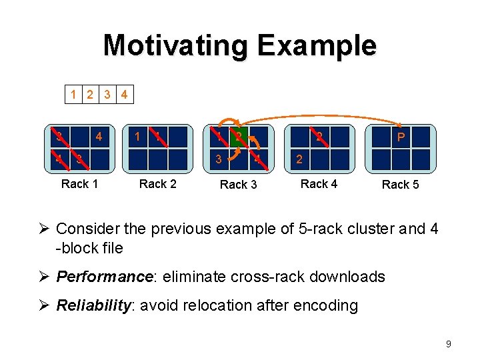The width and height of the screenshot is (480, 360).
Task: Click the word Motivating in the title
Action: (175, 45)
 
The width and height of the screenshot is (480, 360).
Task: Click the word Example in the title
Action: (317, 45)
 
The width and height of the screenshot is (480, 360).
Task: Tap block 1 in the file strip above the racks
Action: (73, 95)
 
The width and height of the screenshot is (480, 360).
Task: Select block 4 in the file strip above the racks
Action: (124, 95)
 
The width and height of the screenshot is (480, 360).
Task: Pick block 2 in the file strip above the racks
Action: (90, 95)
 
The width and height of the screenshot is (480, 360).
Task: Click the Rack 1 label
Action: (79, 183)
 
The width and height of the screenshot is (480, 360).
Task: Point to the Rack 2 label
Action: (157, 183)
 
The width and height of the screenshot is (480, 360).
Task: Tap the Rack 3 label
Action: (238, 184)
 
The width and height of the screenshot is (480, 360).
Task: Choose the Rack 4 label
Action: (319, 183)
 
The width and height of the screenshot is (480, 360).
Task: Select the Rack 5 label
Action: (400, 184)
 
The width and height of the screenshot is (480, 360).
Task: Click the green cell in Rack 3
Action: (238, 137)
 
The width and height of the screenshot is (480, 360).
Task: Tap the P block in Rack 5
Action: (400, 137)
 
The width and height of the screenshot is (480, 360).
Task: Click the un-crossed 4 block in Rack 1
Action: (99, 137)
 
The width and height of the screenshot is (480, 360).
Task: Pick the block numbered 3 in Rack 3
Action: (217, 159)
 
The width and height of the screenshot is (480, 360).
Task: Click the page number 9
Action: (448, 344)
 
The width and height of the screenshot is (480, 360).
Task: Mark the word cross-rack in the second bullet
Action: (258, 276)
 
